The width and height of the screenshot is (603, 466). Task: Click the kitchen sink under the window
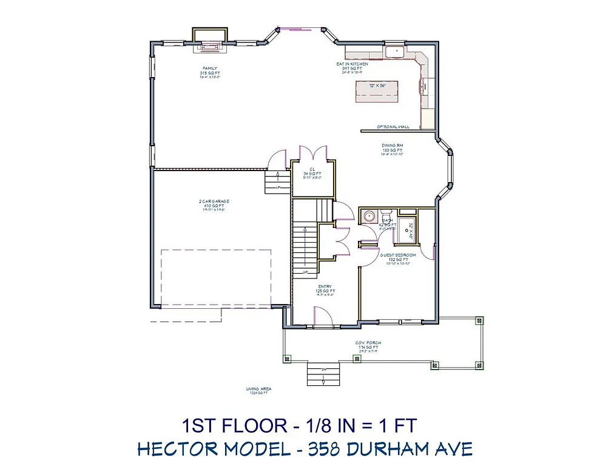coord(395,52)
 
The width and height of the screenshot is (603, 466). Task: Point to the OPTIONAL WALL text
coord(392,127)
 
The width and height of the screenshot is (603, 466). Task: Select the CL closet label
coord(312,169)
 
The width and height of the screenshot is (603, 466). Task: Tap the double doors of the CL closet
coord(312,153)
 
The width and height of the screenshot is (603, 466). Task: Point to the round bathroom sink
coord(368,216)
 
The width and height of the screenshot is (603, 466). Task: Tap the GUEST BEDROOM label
coord(399,255)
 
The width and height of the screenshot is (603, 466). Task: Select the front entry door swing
coord(322,315)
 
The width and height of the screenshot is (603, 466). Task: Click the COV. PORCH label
coord(368,343)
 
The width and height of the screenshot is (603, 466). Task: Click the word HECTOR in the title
coord(178,448)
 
